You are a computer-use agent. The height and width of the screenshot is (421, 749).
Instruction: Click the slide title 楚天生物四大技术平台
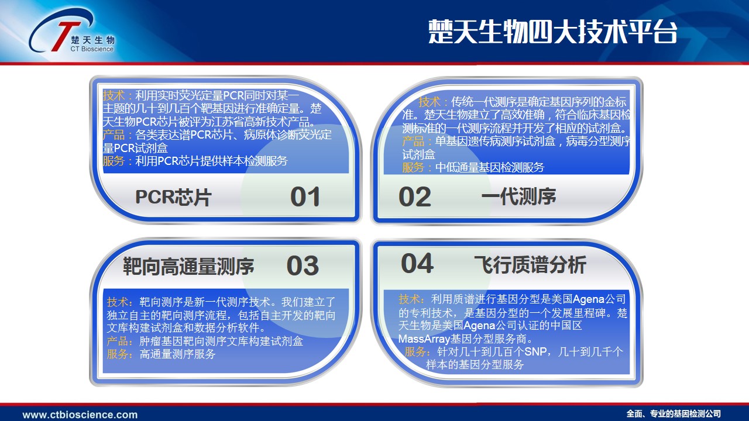tap(552, 32)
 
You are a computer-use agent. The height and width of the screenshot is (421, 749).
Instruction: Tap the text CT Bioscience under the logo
tap(92, 49)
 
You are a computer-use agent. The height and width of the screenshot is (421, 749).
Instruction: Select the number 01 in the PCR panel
tap(305, 197)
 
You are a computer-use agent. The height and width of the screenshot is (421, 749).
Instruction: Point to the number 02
tap(415, 197)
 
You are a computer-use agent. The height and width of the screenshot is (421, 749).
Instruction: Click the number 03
tap(303, 265)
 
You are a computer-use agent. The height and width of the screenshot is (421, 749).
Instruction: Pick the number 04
tap(417, 263)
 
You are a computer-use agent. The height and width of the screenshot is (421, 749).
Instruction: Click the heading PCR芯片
tap(173, 197)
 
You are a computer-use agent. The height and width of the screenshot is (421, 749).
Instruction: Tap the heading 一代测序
tap(518, 196)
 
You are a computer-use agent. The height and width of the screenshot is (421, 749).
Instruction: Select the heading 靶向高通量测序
tap(188, 266)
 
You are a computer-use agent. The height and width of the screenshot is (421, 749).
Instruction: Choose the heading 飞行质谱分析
tap(530, 265)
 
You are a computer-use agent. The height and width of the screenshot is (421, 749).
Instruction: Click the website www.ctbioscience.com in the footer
tap(80, 415)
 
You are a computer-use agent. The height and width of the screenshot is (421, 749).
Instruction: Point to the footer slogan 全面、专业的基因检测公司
tap(674, 414)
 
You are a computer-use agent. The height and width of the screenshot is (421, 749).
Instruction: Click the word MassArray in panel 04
tap(424, 339)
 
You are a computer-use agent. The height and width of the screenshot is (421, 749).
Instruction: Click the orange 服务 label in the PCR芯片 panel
tap(114, 161)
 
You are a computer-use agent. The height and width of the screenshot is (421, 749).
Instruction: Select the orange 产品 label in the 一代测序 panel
tap(413, 142)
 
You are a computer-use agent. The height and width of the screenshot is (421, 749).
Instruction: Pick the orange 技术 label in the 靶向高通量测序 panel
tap(118, 302)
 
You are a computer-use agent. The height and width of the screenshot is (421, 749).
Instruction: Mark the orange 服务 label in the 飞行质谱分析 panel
tap(415, 351)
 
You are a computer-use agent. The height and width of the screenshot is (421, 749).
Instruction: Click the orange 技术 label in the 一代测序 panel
tap(430, 102)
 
